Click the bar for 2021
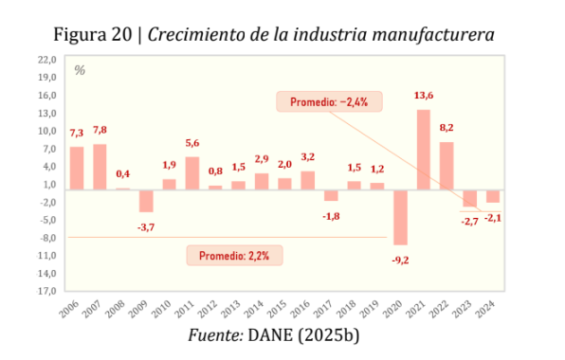click(423, 149)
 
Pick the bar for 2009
click(146, 200)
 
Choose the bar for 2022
click(447, 165)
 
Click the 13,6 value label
click(424, 96)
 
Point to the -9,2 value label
click(401, 259)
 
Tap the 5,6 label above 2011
click(192, 143)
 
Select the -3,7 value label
click(146, 226)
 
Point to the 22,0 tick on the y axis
click(46, 59)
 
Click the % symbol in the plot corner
click(80, 70)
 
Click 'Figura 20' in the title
click(92, 35)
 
